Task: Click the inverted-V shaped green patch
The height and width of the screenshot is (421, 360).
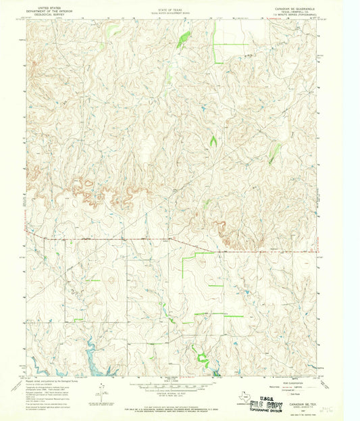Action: click(x=213, y=142)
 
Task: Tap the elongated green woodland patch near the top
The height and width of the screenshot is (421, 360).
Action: click(x=183, y=41)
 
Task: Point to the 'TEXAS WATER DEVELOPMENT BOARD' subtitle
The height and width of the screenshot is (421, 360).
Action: click(x=171, y=10)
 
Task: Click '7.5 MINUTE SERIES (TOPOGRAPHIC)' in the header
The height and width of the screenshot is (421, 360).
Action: click(x=295, y=14)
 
